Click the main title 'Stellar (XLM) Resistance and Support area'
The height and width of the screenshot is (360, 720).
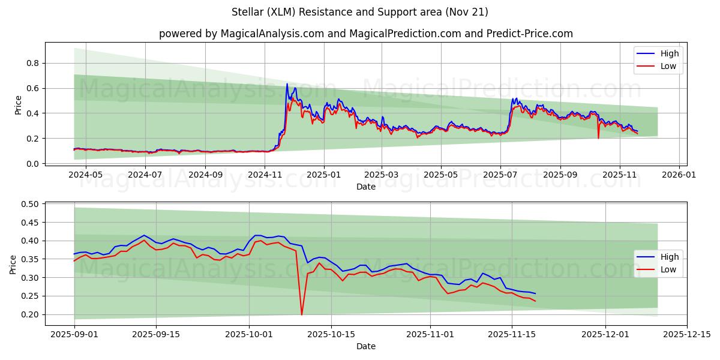(x=359, y=12)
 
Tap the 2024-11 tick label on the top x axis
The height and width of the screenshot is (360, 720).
(x=265, y=175)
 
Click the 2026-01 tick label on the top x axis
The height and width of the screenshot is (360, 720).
(x=678, y=175)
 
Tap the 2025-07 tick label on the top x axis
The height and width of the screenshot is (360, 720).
(x=500, y=175)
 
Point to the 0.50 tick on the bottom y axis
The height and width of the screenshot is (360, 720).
(x=30, y=204)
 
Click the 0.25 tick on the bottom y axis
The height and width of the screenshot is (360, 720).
(x=30, y=296)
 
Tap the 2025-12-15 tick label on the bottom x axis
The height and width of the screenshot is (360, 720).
(x=687, y=335)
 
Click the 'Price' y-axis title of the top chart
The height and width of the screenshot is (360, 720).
(x=18, y=106)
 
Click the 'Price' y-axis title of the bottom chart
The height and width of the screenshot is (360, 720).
(x=13, y=265)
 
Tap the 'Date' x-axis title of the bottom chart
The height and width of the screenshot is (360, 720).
(x=365, y=346)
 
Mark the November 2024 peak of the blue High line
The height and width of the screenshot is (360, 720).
(x=287, y=84)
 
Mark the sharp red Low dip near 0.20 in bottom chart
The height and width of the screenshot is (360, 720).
(x=302, y=314)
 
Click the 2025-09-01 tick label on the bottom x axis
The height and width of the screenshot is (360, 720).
(x=74, y=335)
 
